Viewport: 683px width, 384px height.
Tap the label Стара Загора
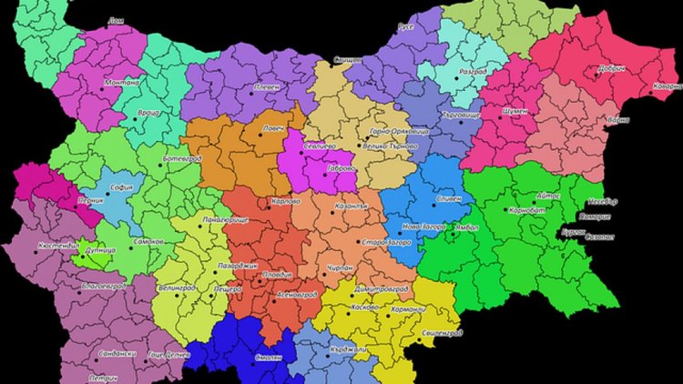386,242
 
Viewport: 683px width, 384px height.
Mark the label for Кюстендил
60,246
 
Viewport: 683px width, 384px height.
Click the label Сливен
448,197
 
